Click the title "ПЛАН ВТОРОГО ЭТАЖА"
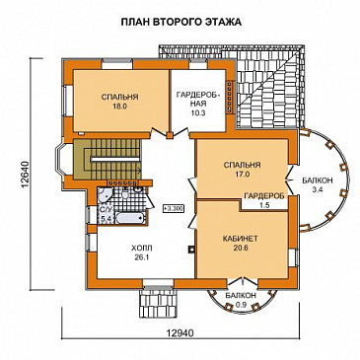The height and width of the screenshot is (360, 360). tap(181, 22)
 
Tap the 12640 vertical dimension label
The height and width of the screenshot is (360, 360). tap(26, 175)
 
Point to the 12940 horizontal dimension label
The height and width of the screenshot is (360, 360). tap(180, 333)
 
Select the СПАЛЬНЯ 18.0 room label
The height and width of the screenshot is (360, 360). tap(119, 102)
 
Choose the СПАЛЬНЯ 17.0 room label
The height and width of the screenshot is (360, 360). tap(242, 170)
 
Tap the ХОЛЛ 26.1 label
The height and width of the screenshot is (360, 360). tap(142, 252)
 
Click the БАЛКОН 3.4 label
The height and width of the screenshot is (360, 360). tap(318, 184)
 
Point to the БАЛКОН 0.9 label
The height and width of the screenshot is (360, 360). tap(241, 299)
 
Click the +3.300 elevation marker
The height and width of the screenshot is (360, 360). tap(174, 209)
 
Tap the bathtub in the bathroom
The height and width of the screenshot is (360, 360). tap(130, 218)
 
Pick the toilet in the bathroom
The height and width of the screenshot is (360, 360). tap(125, 193)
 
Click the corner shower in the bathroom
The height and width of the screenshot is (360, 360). tap(105, 195)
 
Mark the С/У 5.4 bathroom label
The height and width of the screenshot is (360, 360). tap(105, 213)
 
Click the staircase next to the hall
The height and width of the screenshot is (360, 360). tap(108, 160)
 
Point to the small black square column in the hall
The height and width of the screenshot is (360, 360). tap(190, 250)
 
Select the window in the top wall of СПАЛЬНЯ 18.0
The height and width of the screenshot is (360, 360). tap(116, 64)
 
